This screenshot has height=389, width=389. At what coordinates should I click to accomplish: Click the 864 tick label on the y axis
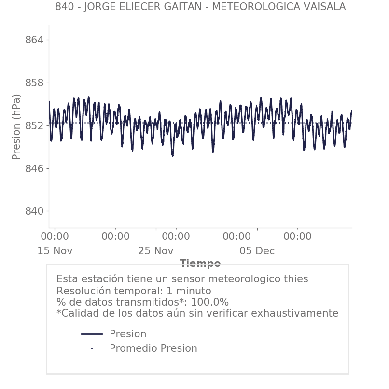tap(34, 40)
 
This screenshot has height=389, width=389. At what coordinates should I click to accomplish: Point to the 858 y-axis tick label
tap(34, 83)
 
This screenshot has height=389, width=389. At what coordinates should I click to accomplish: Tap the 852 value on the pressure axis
tap(34, 126)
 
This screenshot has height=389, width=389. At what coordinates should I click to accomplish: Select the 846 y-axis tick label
tap(34, 169)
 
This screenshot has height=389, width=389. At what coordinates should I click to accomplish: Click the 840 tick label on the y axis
tap(34, 211)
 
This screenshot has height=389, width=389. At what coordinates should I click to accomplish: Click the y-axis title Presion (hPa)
tap(17, 126)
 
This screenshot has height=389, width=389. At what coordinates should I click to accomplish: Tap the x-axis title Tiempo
tap(200, 264)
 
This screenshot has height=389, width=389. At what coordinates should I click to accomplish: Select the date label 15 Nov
tap(55, 251)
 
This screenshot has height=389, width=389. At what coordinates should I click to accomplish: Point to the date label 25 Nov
tap(155, 251)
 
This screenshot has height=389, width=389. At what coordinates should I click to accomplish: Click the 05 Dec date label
tap(257, 251)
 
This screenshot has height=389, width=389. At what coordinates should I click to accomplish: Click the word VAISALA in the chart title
tap(324, 7)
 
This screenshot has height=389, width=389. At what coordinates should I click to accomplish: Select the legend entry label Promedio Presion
tap(153, 348)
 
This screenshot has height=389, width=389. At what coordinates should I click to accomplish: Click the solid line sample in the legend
tap(92, 334)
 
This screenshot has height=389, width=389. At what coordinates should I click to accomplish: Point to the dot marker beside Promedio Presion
tap(92, 348)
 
